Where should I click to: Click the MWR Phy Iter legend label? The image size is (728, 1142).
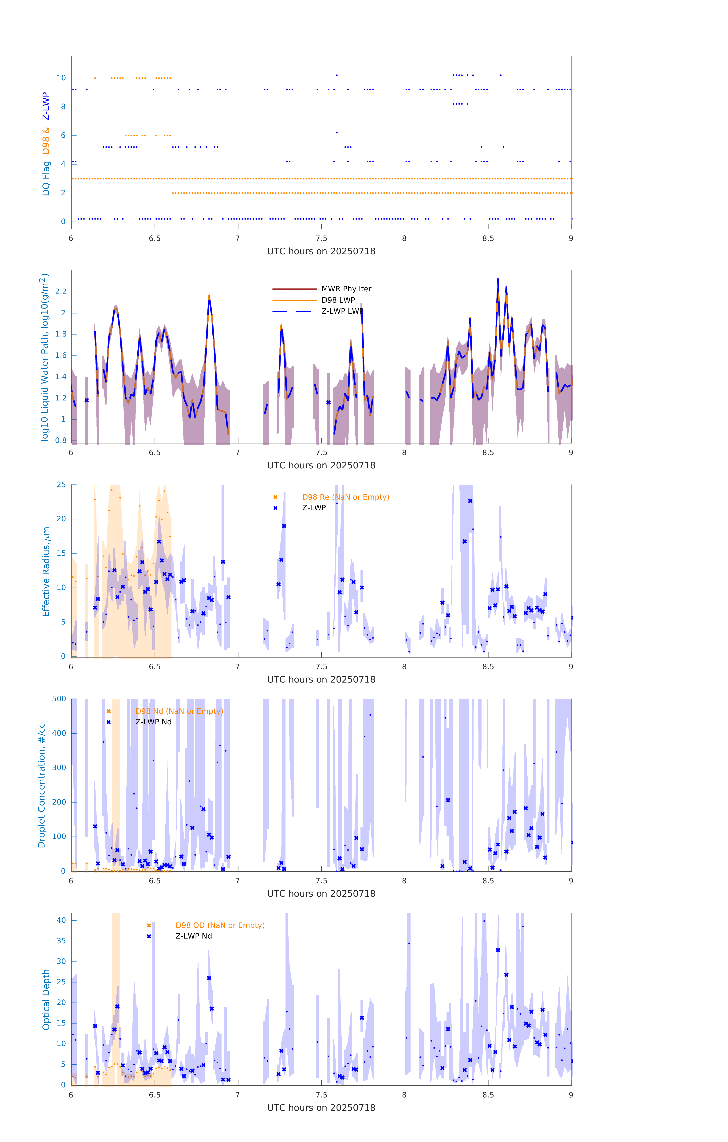click(x=346, y=289)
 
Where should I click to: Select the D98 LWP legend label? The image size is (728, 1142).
click(x=338, y=300)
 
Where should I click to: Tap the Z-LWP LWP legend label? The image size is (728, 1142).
click(x=342, y=311)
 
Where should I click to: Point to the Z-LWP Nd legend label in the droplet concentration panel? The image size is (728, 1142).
click(x=154, y=722)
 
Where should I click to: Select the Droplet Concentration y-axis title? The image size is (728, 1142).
click(x=42, y=785)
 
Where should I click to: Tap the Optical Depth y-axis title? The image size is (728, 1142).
click(x=46, y=999)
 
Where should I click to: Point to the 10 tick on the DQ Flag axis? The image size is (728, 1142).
click(x=61, y=78)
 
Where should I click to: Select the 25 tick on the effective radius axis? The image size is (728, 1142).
click(x=61, y=485)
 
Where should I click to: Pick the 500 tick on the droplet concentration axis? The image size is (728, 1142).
click(x=59, y=699)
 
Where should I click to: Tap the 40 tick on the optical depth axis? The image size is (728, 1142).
click(x=61, y=920)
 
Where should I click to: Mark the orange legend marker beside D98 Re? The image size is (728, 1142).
click(x=275, y=497)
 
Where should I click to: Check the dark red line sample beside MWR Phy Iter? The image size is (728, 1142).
click(x=294, y=289)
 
